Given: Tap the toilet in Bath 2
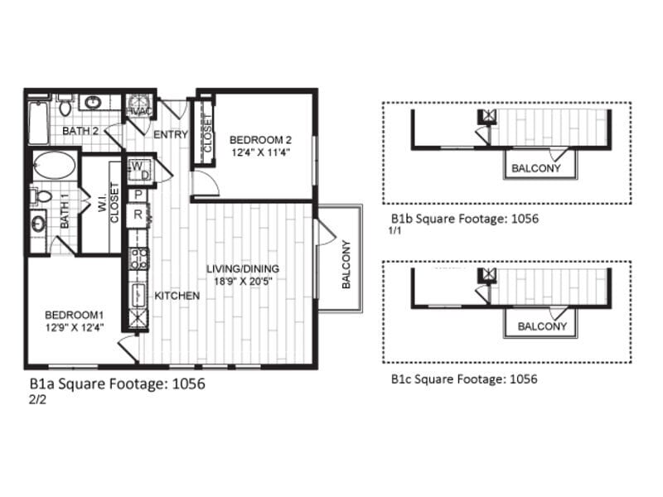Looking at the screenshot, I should coord(65,106).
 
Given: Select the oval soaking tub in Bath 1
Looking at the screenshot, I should coord(54,166).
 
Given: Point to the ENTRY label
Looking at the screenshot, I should coord(170,134).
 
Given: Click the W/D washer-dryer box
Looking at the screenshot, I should coord(138,170).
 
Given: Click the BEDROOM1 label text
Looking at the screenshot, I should coord(75,315).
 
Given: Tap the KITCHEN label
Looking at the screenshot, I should coord(177,296).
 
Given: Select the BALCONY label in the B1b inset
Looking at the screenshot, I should coord(535,168).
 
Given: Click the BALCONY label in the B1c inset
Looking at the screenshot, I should coord(542,326).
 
